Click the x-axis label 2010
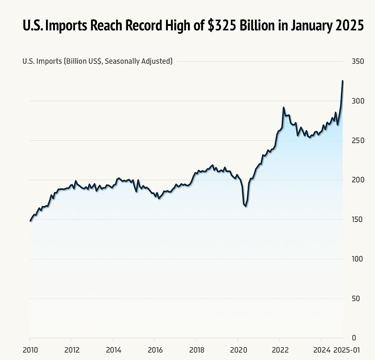(x=30, y=350)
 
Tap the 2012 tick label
(x=71, y=350)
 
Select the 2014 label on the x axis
(x=113, y=350)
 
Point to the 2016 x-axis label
(x=155, y=350)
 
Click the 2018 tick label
(x=196, y=350)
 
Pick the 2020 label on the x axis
(x=238, y=350)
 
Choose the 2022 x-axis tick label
(x=280, y=350)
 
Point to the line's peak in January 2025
(x=342, y=81)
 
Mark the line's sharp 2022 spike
(x=283, y=108)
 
